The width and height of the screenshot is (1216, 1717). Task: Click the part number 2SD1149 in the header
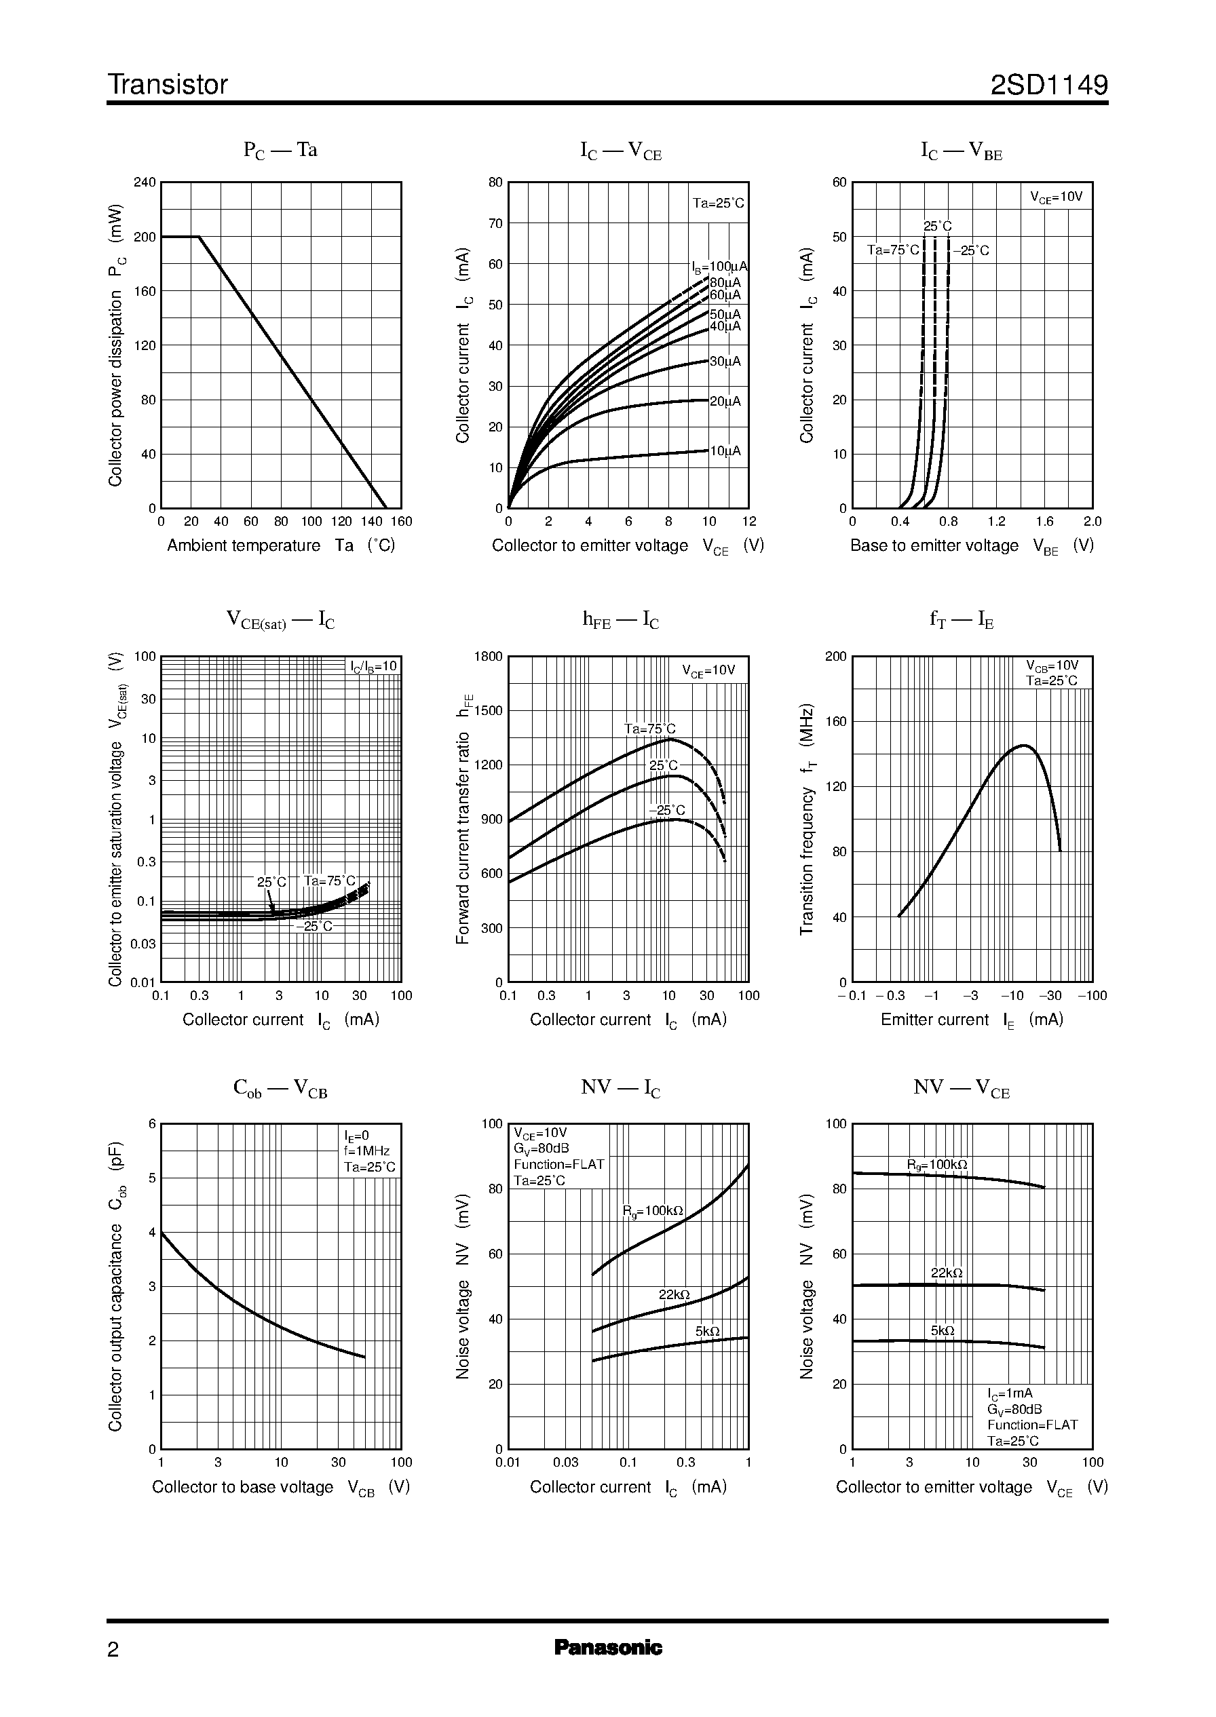coord(1048,85)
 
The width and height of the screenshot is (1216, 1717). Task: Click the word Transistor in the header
coord(168,85)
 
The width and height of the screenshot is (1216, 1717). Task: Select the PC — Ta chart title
coord(280,151)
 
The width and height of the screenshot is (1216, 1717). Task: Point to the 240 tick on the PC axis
coord(145,182)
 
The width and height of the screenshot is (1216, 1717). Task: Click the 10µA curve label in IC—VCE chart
coord(725,451)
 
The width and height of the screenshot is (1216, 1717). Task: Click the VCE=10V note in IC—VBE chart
coord(1056,197)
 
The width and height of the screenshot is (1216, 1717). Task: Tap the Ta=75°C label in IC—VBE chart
coord(892,250)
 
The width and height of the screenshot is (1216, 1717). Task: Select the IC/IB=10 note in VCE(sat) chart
coord(374,667)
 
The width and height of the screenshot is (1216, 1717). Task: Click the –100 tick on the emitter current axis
coord(1092,995)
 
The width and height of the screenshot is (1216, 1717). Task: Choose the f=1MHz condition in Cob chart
coord(367,1151)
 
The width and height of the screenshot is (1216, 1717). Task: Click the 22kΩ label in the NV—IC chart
coord(674,1295)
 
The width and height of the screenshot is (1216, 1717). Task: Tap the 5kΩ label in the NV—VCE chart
coord(942,1331)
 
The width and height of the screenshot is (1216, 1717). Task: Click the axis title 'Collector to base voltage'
coord(243,1487)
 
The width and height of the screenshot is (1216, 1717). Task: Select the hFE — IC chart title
coord(620,620)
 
